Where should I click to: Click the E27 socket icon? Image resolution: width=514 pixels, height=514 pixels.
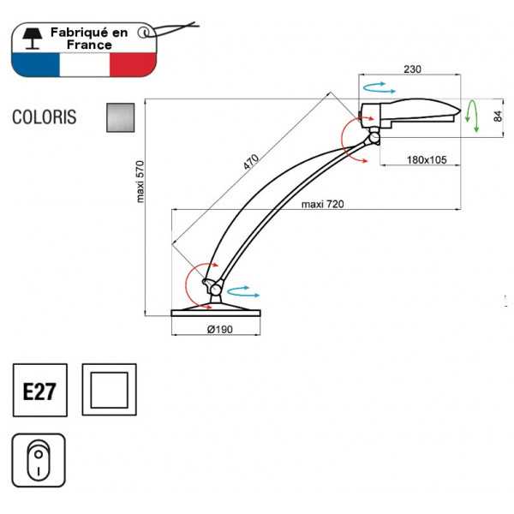click(x=39, y=391)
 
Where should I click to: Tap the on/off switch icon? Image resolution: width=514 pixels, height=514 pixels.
click(x=39, y=460)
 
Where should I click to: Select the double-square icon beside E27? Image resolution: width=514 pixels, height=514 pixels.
click(x=108, y=391)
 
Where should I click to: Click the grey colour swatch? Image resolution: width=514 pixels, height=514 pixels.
click(x=121, y=117)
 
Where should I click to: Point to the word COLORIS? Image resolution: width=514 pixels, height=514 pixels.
click(x=45, y=117)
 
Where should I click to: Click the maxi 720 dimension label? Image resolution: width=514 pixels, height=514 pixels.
click(x=323, y=204)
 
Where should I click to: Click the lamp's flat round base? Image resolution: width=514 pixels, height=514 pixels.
click(x=216, y=311)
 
